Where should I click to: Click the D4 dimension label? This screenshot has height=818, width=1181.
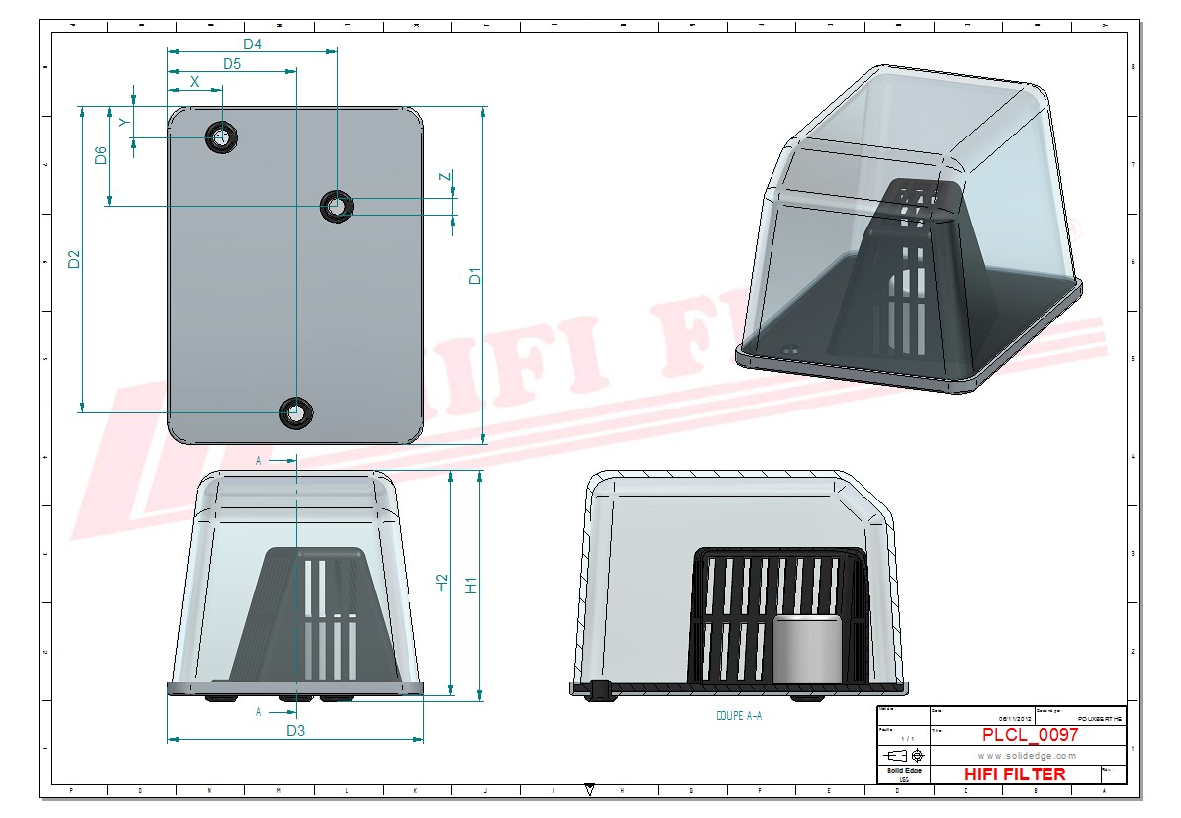[252, 44]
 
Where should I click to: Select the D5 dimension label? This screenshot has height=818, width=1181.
[232, 64]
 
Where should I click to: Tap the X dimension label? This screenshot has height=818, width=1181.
[194, 82]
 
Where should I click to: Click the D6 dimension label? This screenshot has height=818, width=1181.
[101, 155]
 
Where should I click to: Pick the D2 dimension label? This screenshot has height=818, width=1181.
[73, 259]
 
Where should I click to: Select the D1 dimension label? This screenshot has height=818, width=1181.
[475, 276]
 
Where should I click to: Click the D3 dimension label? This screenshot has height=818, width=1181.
[295, 731]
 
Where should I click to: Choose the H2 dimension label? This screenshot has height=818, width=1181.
[443, 584]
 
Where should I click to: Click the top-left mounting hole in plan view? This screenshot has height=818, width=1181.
[221, 136]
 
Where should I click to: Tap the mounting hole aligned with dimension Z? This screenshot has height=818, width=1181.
[337, 206]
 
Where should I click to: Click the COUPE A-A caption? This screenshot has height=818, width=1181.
[738, 715]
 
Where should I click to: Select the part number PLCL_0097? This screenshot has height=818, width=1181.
[1030, 735]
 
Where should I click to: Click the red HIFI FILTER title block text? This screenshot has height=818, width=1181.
[1015, 773]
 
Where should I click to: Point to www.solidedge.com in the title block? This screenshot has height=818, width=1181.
[1027, 756]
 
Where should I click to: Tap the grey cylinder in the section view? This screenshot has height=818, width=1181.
[806, 647]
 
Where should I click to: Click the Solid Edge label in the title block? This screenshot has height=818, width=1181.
[904, 770]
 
